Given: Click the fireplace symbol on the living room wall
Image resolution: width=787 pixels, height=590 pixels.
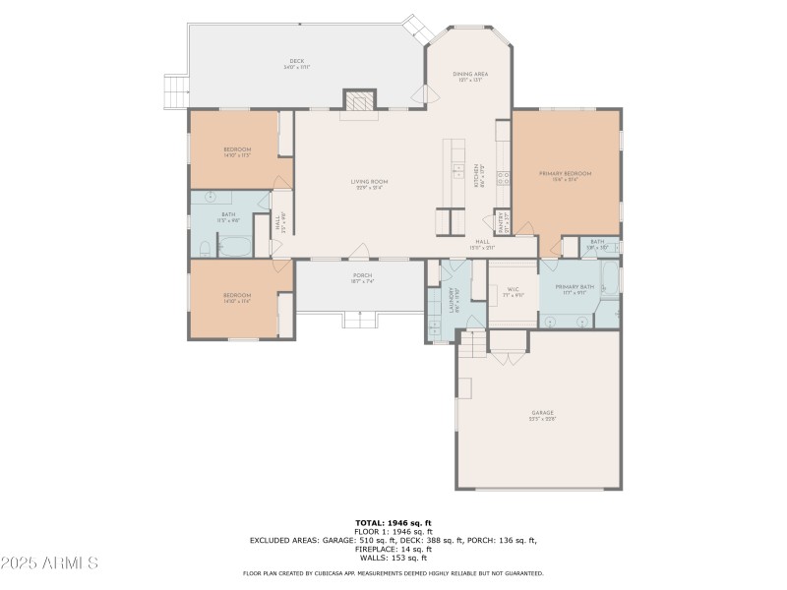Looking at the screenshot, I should click(x=359, y=101).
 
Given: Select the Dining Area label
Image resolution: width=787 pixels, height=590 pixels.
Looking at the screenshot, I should click(x=469, y=77).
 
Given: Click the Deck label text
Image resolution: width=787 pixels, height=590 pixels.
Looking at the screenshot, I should click(x=296, y=64).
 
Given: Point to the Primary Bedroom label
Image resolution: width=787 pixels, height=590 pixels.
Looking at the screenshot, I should click(x=565, y=175).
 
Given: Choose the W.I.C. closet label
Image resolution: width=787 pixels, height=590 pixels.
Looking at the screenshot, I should click(x=513, y=293).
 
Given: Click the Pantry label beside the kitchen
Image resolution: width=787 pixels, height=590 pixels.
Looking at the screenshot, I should click(x=501, y=222).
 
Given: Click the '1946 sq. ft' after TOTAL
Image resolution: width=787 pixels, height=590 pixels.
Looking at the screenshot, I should click(x=411, y=522).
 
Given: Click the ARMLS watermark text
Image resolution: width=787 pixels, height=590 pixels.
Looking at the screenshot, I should click(x=49, y=563).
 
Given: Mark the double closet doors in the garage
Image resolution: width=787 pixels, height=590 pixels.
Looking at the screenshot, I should click(x=509, y=356).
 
